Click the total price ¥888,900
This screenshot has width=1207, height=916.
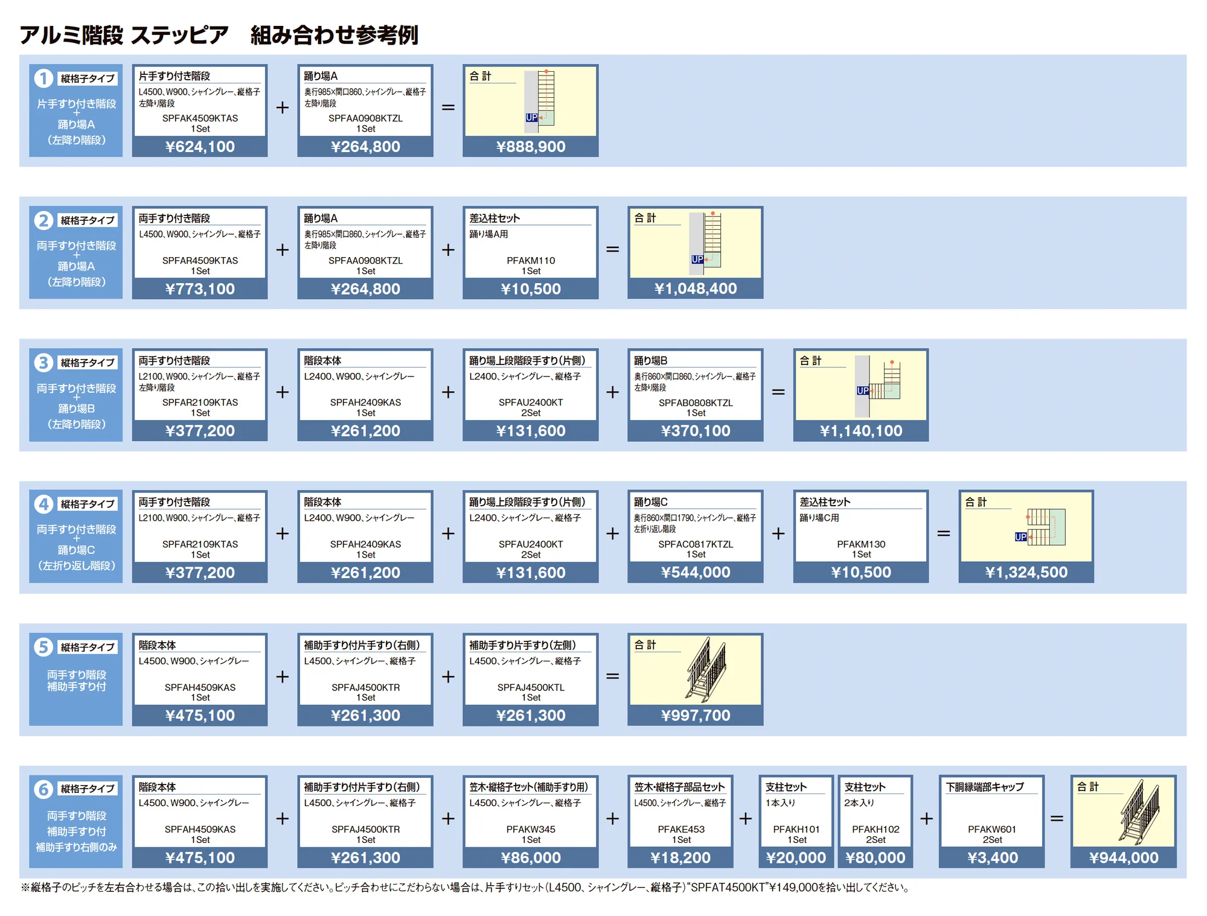pos(531,147)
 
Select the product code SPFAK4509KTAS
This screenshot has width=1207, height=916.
pos(200,118)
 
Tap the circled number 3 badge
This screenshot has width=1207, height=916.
pos(43,363)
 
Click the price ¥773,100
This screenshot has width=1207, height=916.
pos(200,289)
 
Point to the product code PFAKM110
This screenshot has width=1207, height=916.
pos(531,261)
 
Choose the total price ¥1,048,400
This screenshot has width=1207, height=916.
pos(696,288)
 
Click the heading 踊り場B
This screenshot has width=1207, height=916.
pos(650,360)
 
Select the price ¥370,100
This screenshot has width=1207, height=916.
pos(696,431)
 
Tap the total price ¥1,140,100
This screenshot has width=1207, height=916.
pos(861,431)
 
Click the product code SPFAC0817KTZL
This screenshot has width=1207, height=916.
pos(696,544)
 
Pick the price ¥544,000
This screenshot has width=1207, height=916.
pos(696,572)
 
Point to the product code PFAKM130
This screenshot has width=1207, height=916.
pos(861,544)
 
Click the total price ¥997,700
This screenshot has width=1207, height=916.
pos(696,715)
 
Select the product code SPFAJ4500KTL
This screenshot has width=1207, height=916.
pos(531,687)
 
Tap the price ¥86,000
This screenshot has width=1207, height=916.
pos(531,857)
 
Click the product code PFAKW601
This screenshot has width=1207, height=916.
pos(991,830)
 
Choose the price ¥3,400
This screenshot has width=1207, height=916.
pos(992,857)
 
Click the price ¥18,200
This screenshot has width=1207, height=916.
pos(680,857)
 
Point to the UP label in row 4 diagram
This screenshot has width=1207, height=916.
pos(1020,536)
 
